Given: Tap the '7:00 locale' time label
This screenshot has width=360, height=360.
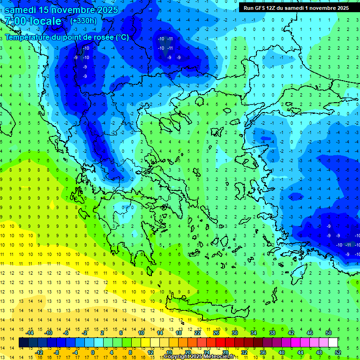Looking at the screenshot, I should pyautogui.click(x=33, y=21).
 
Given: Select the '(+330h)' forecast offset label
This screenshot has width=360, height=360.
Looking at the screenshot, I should pyautogui.click(x=83, y=21).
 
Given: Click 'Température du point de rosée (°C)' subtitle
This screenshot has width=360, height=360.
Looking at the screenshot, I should pyautogui.click(x=67, y=37).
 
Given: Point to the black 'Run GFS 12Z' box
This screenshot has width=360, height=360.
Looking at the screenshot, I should pyautogui.click(x=296, y=7).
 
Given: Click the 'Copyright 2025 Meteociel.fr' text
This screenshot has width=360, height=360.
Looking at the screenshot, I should pyautogui.click(x=205, y=357).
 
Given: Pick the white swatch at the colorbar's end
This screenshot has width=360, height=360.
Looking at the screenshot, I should pyautogui.click(x=333, y=343).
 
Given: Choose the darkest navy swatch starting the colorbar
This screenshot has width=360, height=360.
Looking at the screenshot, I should pyautogui.click(x=24, y=343).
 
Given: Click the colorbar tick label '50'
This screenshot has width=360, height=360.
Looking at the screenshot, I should pyautogui.click(x=328, y=333).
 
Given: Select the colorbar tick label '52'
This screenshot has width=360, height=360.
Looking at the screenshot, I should pyautogui.click(x=338, y=352).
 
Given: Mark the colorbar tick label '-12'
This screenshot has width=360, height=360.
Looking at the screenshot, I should pyautogui.click(x=39, y=352).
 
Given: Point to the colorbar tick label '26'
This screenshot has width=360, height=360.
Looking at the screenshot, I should pyautogui.click(x=216, y=333).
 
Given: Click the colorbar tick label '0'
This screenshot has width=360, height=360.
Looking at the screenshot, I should pyautogui.click(x=92, y=352).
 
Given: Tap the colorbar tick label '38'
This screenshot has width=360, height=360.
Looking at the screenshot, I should pyautogui.click(x=272, y=333).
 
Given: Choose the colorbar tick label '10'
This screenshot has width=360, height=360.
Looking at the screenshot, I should pyautogui.click(x=141, y=333).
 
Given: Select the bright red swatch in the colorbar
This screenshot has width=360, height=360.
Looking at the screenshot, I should pyautogui.click(x=221, y=343).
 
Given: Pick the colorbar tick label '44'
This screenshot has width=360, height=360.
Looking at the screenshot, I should pyautogui.click(x=300, y=352).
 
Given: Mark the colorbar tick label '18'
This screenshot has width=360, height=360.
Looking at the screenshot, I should pyautogui.click(x=179, y=333).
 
